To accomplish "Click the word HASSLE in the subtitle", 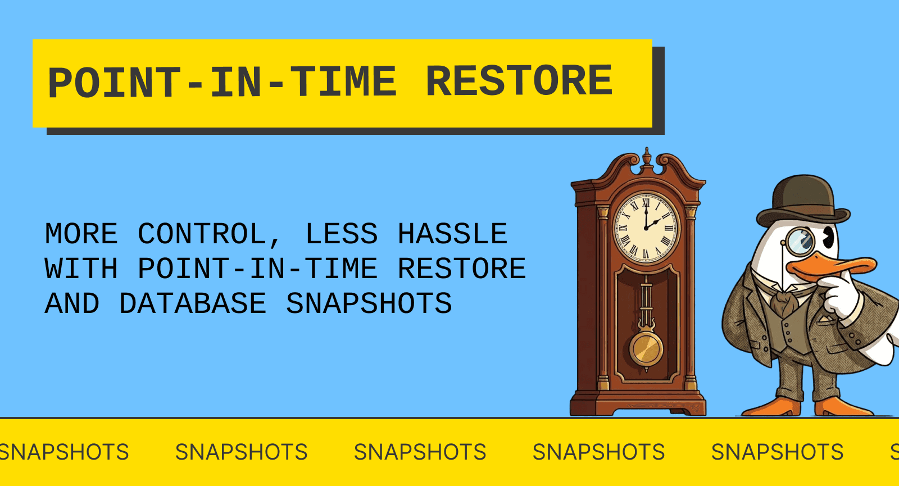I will point(452,234).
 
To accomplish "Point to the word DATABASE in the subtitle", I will point(193,304).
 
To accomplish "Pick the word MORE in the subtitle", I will point(81,234).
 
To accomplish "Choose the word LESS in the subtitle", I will point(341,234).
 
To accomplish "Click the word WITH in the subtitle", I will point(81,269).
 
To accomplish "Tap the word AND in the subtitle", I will point(72,304).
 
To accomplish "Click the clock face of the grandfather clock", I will point(646,228).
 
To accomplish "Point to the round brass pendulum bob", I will point(646,349).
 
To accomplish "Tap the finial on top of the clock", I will point(647,156).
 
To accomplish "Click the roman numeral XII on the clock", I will point(646,203).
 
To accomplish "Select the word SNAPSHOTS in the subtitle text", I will point(369,304).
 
